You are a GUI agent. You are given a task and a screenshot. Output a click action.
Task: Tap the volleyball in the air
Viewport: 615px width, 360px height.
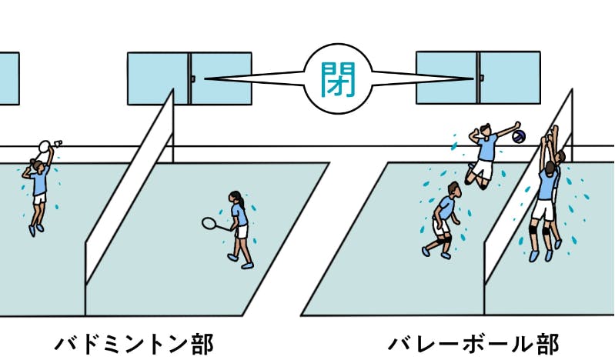(520, 137)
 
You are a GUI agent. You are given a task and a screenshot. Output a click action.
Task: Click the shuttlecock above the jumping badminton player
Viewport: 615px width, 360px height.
(59, 143)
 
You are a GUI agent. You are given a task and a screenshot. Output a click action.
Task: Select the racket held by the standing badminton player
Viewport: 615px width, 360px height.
(209, 223)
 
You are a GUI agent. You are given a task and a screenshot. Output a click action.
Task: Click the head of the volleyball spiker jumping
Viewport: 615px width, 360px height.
(484, 130)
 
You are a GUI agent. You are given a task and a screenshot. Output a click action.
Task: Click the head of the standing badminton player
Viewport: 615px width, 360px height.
(239, 200)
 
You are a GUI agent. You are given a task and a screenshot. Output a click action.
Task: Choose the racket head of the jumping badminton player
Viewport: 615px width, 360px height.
(45, 146)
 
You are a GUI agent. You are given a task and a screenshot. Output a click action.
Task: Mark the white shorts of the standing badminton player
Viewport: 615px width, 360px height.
(241, 231)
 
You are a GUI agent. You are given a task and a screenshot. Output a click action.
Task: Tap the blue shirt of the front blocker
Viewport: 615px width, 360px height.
(546, 183)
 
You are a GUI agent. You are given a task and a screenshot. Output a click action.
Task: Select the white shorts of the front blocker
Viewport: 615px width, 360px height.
(544, 209)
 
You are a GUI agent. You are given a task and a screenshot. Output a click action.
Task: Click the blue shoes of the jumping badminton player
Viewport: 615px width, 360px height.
(33, 228)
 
